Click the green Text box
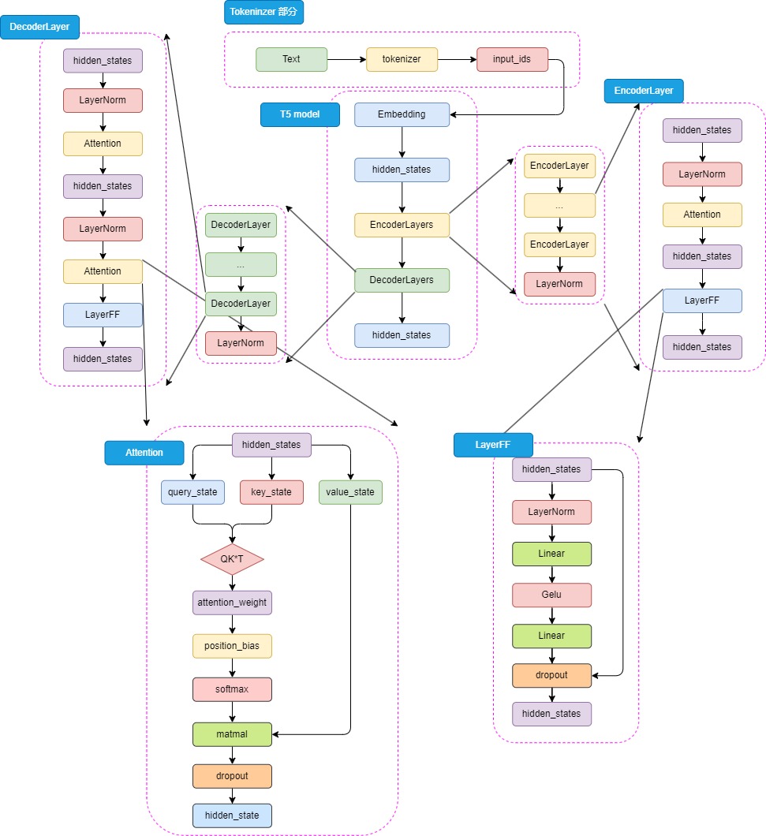(291, 59)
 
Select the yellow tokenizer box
(402, 59)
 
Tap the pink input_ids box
(512, 59)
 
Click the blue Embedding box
(402, 114)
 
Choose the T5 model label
(300, 115)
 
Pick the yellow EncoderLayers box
(402, 225)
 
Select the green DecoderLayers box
(402, 280)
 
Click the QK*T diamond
(232, 559)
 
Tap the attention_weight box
(232, 603)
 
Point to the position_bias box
(232, 646)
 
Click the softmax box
(232, 689)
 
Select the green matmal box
(232, 734)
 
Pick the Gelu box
(551, 595)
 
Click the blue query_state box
(192, 492)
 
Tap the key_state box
(271, 492)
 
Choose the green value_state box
(350, 492)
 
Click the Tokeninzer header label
(264, 12)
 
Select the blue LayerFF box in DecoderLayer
(103, 315)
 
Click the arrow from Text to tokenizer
(346, 59)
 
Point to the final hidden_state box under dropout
(232, 815)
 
